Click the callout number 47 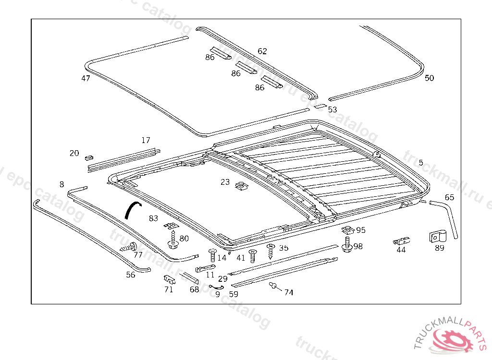tap(86, 78)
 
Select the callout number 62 tap(262, 51)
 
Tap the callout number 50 tap(429, 78)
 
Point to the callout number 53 tap(332, 109)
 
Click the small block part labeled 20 tap(88, 156)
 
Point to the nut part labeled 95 tap(348, 230)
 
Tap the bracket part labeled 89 tap(438, 236)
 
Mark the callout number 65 tap(449, 197)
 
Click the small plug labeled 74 tap(273, 286)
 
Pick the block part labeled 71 tap(169, 279)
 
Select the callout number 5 tap(421, 163)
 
